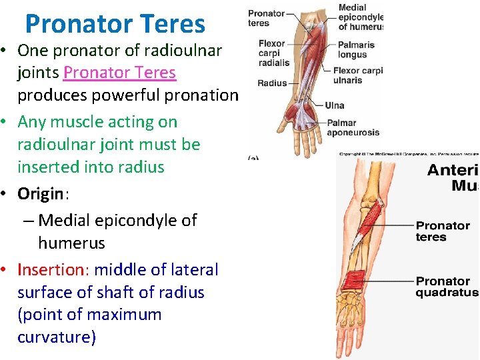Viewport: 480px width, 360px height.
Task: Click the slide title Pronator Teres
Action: tap(115, 24)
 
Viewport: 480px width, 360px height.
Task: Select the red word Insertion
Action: tap(53, 270)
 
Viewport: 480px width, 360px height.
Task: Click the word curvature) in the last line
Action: tap(57, 337)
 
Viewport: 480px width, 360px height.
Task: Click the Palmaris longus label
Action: tap(356, 50)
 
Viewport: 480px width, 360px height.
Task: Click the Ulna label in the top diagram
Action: tap(335, 105)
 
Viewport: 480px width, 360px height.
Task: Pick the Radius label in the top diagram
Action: tap(271, 83)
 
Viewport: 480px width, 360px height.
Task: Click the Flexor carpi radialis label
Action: tap(274, 53)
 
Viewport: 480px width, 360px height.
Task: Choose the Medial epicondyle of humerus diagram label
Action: tap(361, 17)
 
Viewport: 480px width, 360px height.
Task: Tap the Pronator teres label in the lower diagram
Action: tap(443, 231)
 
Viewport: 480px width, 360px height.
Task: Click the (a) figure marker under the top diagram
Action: tap(253, 157)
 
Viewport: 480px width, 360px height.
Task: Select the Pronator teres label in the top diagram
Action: tap(266, 18)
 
